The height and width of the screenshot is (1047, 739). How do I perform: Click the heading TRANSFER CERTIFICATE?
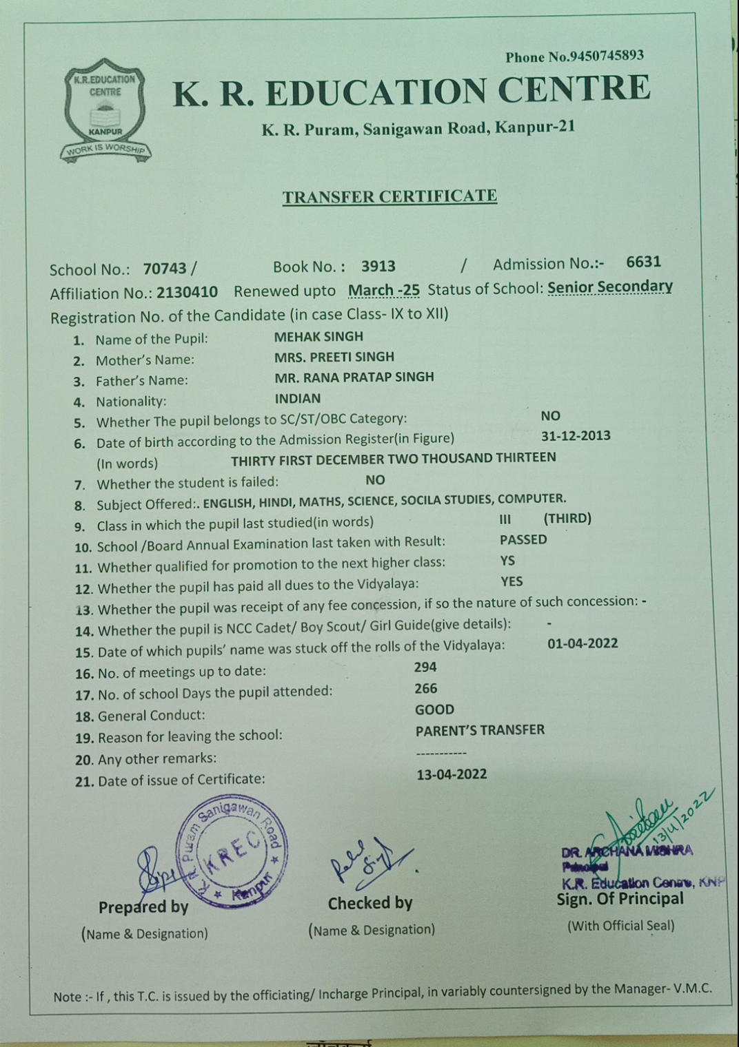click(x=389, y=196)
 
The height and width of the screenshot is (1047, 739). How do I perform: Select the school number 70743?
click(x=165, y=269)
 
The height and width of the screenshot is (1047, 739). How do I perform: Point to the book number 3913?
click(x=378, y=267)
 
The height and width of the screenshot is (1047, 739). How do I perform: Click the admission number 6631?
click(x=643, y=262)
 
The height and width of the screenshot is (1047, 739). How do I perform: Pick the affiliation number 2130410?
click(x=187, y=292)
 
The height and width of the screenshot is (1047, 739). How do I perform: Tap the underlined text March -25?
click(x=383, y=290)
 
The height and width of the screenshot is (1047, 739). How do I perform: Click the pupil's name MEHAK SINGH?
click(x=318, y=337)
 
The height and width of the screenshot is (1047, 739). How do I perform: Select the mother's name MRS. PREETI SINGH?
click(x=334, y=357)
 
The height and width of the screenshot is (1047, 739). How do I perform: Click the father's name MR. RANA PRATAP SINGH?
click(x=354, y=377)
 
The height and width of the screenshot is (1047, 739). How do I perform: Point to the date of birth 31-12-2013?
click(x=576, y=436)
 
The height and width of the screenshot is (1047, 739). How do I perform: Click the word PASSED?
click(x=523, y=539)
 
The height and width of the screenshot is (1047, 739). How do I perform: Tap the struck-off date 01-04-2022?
click(x=583, y=643)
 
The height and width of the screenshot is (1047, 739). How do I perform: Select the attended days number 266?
click(x=426, y=688)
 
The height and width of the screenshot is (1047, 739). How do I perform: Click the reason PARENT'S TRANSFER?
click(x=480, y=730)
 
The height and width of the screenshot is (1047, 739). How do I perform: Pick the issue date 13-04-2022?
click(x=452, y=774)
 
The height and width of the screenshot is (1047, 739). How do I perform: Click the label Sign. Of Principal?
click(x=620, y=899)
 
